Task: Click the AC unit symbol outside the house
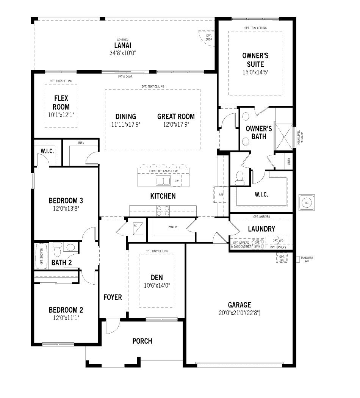307,202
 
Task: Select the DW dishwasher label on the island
176,181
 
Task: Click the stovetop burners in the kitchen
163,211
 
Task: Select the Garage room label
239,305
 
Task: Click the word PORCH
142,341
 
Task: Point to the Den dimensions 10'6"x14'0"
156,285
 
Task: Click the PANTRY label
173,227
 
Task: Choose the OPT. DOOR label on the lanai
208,38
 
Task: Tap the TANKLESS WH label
307,260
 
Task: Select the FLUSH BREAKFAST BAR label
163,171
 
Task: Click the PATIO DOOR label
125,77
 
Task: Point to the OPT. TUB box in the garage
282,259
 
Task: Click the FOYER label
113,297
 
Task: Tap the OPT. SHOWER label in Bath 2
41,257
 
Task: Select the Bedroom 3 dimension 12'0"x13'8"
66,208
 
